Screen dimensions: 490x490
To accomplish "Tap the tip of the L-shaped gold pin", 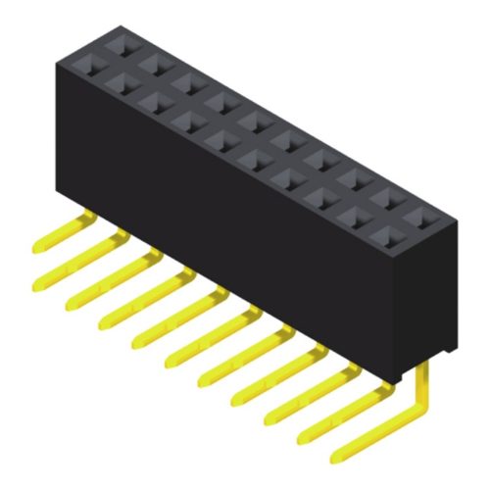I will click(x=342, y=454).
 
